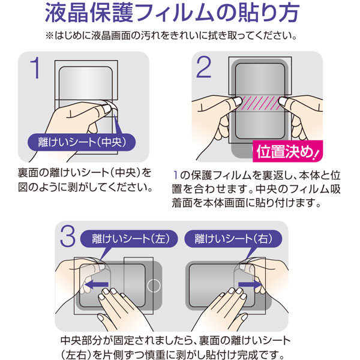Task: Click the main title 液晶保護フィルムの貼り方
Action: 172,13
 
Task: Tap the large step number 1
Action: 35,68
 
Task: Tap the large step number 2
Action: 203,67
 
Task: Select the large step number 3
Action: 68,236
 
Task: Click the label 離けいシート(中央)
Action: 82,142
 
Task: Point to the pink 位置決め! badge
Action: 287,152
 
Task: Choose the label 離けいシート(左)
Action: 129,239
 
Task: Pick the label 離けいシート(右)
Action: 233,239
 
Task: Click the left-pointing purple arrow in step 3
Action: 96,284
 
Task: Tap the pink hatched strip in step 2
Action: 260,103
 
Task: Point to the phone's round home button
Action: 154,286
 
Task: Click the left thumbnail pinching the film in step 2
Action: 237,101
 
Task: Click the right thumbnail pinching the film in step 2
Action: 284,101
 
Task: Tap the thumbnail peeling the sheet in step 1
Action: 107,109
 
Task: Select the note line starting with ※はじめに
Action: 171,35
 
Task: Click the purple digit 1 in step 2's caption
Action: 176,175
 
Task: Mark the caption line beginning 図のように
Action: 85,187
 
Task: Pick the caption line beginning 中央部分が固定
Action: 175,340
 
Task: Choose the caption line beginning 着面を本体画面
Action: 246,203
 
